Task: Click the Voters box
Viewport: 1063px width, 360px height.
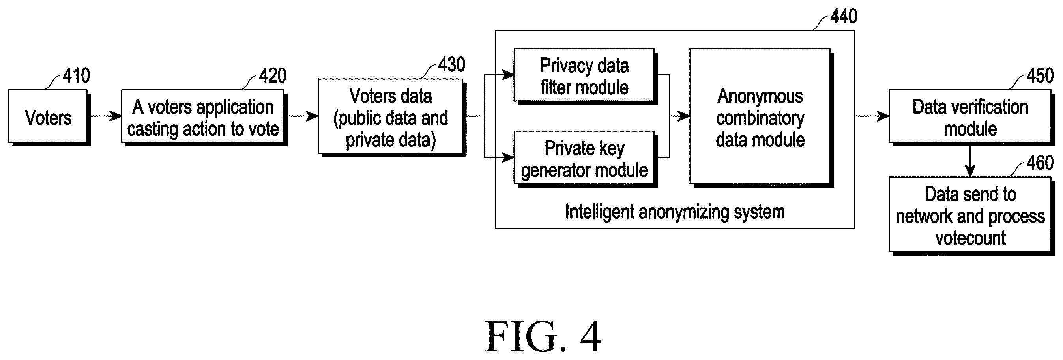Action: (49, 118)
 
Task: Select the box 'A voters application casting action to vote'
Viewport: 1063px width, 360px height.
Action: (204, 118)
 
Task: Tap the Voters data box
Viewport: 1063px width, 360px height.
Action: (392, 118)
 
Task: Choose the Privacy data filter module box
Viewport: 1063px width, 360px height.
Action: (586, 76)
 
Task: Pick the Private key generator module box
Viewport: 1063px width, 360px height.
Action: (586, 159)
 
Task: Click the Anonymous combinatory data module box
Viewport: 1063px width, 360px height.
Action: (762, 118)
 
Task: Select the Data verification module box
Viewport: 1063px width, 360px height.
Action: (971, 118)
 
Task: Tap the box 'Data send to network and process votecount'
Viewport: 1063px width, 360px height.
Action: (971, 216)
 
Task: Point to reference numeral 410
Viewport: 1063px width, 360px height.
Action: (76, 75)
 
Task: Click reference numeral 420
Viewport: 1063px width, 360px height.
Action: (273, 75)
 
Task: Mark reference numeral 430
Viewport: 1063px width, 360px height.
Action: (452, 65)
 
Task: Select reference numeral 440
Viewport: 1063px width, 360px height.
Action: (844, 17)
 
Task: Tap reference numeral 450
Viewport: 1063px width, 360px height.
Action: (1040, 75)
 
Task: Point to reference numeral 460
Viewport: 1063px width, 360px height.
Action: (1040, 163)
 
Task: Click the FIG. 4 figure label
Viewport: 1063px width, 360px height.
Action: (543, 336)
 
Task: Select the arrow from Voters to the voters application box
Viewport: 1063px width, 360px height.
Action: (106, 116)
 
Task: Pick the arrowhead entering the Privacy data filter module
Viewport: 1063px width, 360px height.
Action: (507, 75)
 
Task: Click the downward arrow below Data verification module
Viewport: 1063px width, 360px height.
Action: (970, 161)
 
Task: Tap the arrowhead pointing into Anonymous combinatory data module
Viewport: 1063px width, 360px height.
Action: (683, 116)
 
